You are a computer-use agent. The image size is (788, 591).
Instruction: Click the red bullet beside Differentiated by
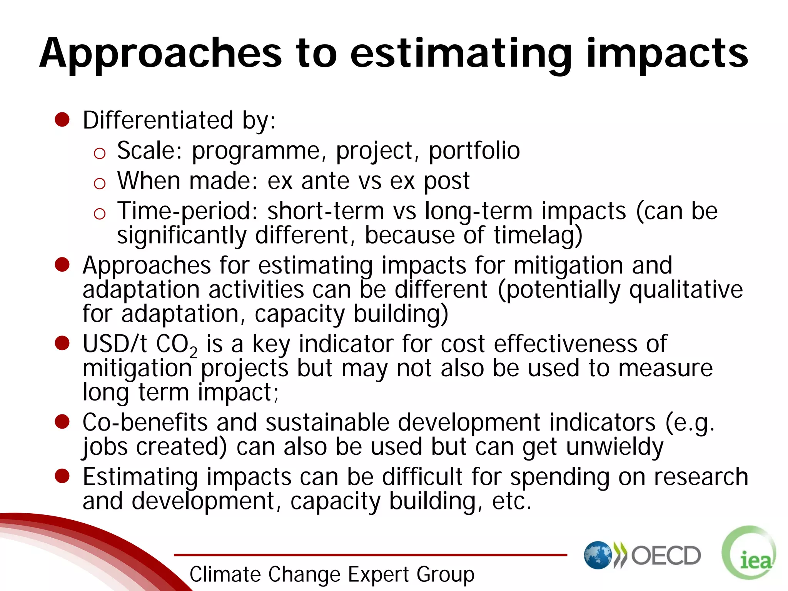pos(62,120)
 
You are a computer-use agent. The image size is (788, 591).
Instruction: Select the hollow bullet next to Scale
pos(99,154)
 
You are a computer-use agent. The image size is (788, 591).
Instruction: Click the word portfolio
pos(474,150)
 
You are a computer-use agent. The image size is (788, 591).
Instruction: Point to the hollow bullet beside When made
pos(99,184)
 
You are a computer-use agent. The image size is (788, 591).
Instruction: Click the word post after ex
pos(446,181)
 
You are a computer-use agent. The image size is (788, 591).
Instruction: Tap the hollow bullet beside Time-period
pos(99,214)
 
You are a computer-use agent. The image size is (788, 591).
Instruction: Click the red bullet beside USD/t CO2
pos(62,343)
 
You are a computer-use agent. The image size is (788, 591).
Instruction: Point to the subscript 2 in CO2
pos(193,352)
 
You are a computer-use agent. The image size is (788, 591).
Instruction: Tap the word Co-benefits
pos(145,422)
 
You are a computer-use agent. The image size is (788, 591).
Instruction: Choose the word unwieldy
pos(614,447)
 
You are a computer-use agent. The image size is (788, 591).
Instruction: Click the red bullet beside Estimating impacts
pos(62,476)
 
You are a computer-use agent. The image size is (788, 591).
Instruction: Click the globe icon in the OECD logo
pos(598,555)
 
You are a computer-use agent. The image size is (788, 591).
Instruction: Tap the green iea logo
pos(749,553)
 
